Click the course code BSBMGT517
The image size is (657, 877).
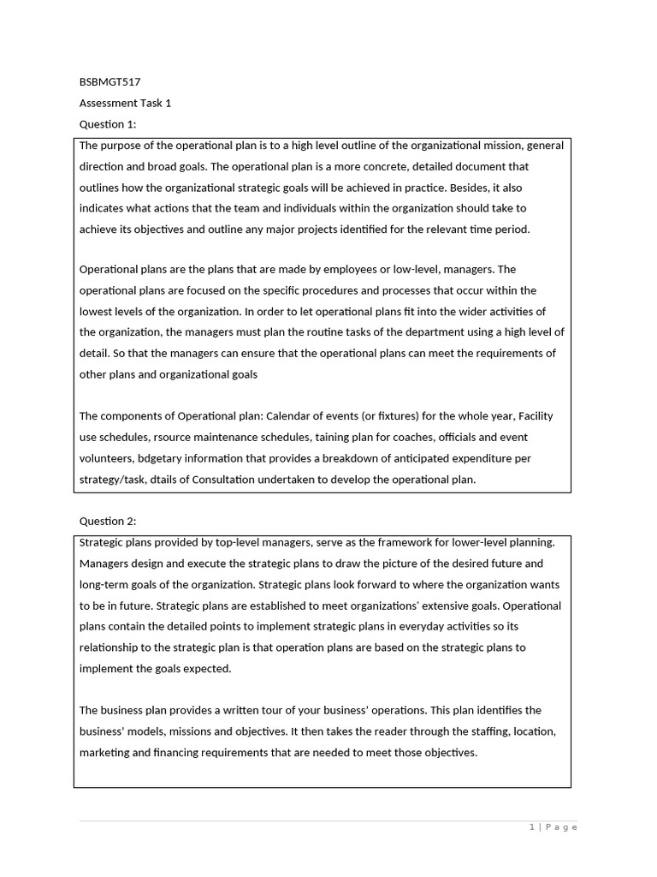pyautogui.click(x=109, y=82)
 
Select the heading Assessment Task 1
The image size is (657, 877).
pyautogui.click(x=125, y=104)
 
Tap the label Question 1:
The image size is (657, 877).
pyautogui.click(x=108, y=124)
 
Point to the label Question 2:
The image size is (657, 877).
pyautogui.click(x=108, y=521)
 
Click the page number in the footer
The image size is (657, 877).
pyautogui.click(x=532, y=827)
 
